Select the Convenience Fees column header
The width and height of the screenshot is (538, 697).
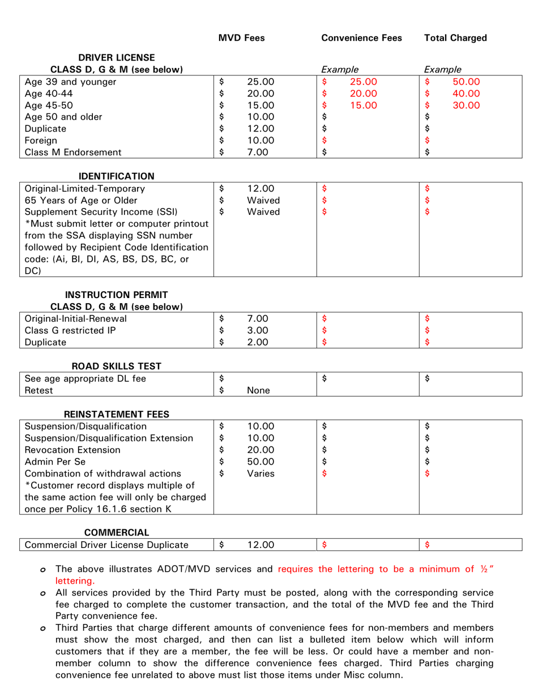click(361, 38)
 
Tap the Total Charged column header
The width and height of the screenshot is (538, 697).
click(455, 38)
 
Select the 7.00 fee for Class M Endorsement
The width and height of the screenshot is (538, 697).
click(258, 152)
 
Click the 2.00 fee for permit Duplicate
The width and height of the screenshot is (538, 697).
click(258, 342)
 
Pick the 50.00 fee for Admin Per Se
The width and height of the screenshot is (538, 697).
click(261, 462)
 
